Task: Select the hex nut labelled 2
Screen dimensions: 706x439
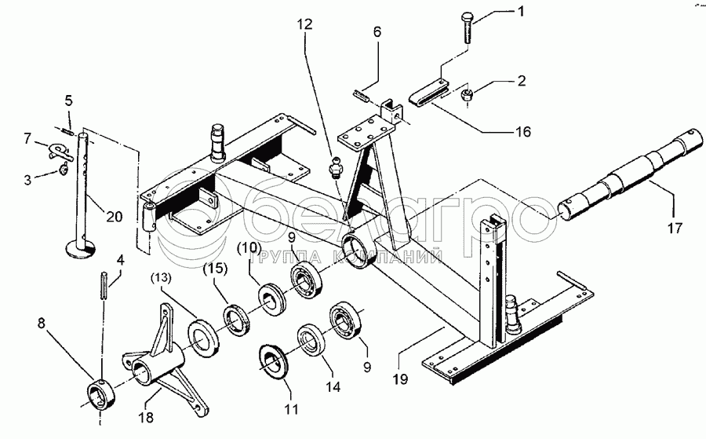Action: pyautogui.click(x=467, y=95)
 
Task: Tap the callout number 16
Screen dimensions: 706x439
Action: pyautogui.click(x=522, y=132)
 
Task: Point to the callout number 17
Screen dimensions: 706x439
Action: pyautogui.click(x=675, y=228)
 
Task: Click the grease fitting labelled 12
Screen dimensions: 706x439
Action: pyautogui.click(x=335, y=167)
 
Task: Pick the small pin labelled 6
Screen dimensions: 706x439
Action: pyautogui.click(x=361, y=97)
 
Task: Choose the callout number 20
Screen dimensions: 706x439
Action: pyautogui.click(x=115, y=217)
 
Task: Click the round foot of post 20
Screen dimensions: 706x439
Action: pyautogui.click(x=80, y=249)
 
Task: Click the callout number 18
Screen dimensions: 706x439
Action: pyautogui.click(x=147, y=417)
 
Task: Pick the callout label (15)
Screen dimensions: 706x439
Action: pyautogui.click(x=215, y=269)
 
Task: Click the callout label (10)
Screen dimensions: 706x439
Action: pyautogui.click(x=249, y=247)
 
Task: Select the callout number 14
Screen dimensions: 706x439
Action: pyautogui.click(x=333, y=386)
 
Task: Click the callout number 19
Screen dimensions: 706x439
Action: pyautogui.click(x=400, y=379)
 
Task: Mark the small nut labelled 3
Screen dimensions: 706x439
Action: pyautogui.click(x=63, y=169)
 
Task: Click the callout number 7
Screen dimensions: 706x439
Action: pyautogui.click(x=28, y=138)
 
